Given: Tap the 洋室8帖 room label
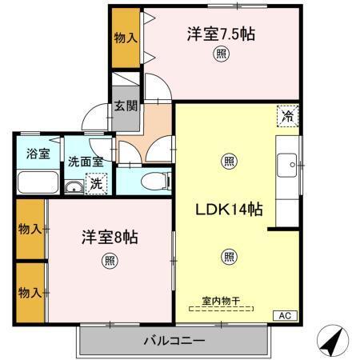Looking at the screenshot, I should click(x=110, y=238).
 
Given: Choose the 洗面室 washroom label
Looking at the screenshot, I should click(x=84, y=161).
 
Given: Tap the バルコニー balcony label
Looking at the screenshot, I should click(x=174, y=341).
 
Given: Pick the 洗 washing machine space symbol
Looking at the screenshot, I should click(x=96, y=184).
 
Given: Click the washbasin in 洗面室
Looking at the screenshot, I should click(x=73, y=187).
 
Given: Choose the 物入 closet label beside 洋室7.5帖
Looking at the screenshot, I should click(x=126, y=38).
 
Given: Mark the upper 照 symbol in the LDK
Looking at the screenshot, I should click(x=229, y=162).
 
